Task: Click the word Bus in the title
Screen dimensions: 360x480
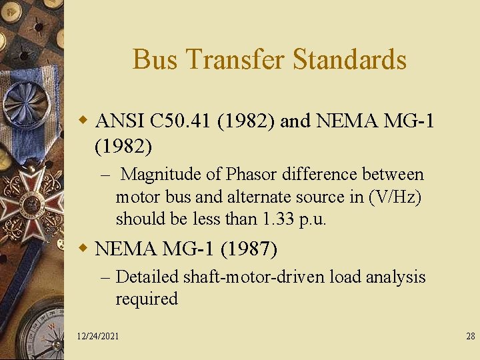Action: point(155,59)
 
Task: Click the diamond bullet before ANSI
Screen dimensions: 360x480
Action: point(84,121)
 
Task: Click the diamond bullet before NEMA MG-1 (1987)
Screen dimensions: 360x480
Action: point(84,249)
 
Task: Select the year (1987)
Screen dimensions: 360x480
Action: point(248,249)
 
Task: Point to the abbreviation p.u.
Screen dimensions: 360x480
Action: point(311,219)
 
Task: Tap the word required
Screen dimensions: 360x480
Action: point(147,299)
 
